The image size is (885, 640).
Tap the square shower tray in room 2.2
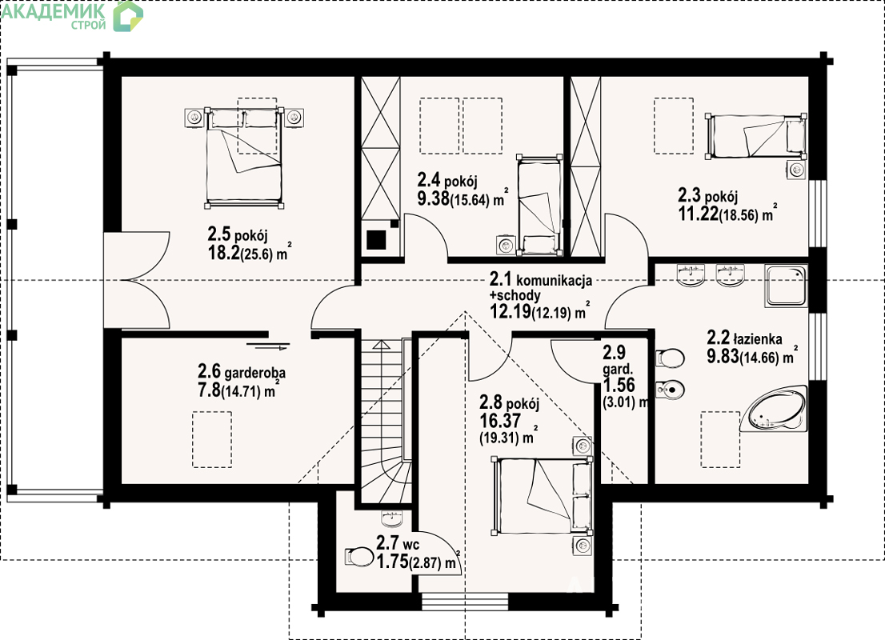tap(786, 286)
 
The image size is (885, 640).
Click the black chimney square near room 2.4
tap(376, 240)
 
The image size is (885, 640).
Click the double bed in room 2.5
tap(244, 157)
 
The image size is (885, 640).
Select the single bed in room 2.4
tap(540, 204)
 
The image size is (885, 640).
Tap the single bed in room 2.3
tap(755, 137)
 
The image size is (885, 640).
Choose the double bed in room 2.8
tap(543, 495)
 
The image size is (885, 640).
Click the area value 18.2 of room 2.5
tap(223, 253)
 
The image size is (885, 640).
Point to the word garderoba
tap(254, 373)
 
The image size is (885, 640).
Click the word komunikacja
tap(554, 280)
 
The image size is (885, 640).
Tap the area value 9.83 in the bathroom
tap(723, 356)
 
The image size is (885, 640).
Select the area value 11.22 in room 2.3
tap(699, 214)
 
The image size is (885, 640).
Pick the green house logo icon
tap(128, 16)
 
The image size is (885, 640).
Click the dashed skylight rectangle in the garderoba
tap(212, 439)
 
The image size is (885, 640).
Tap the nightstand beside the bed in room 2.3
tap(796, 170)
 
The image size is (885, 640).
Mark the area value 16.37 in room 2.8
tap(500, 421)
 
